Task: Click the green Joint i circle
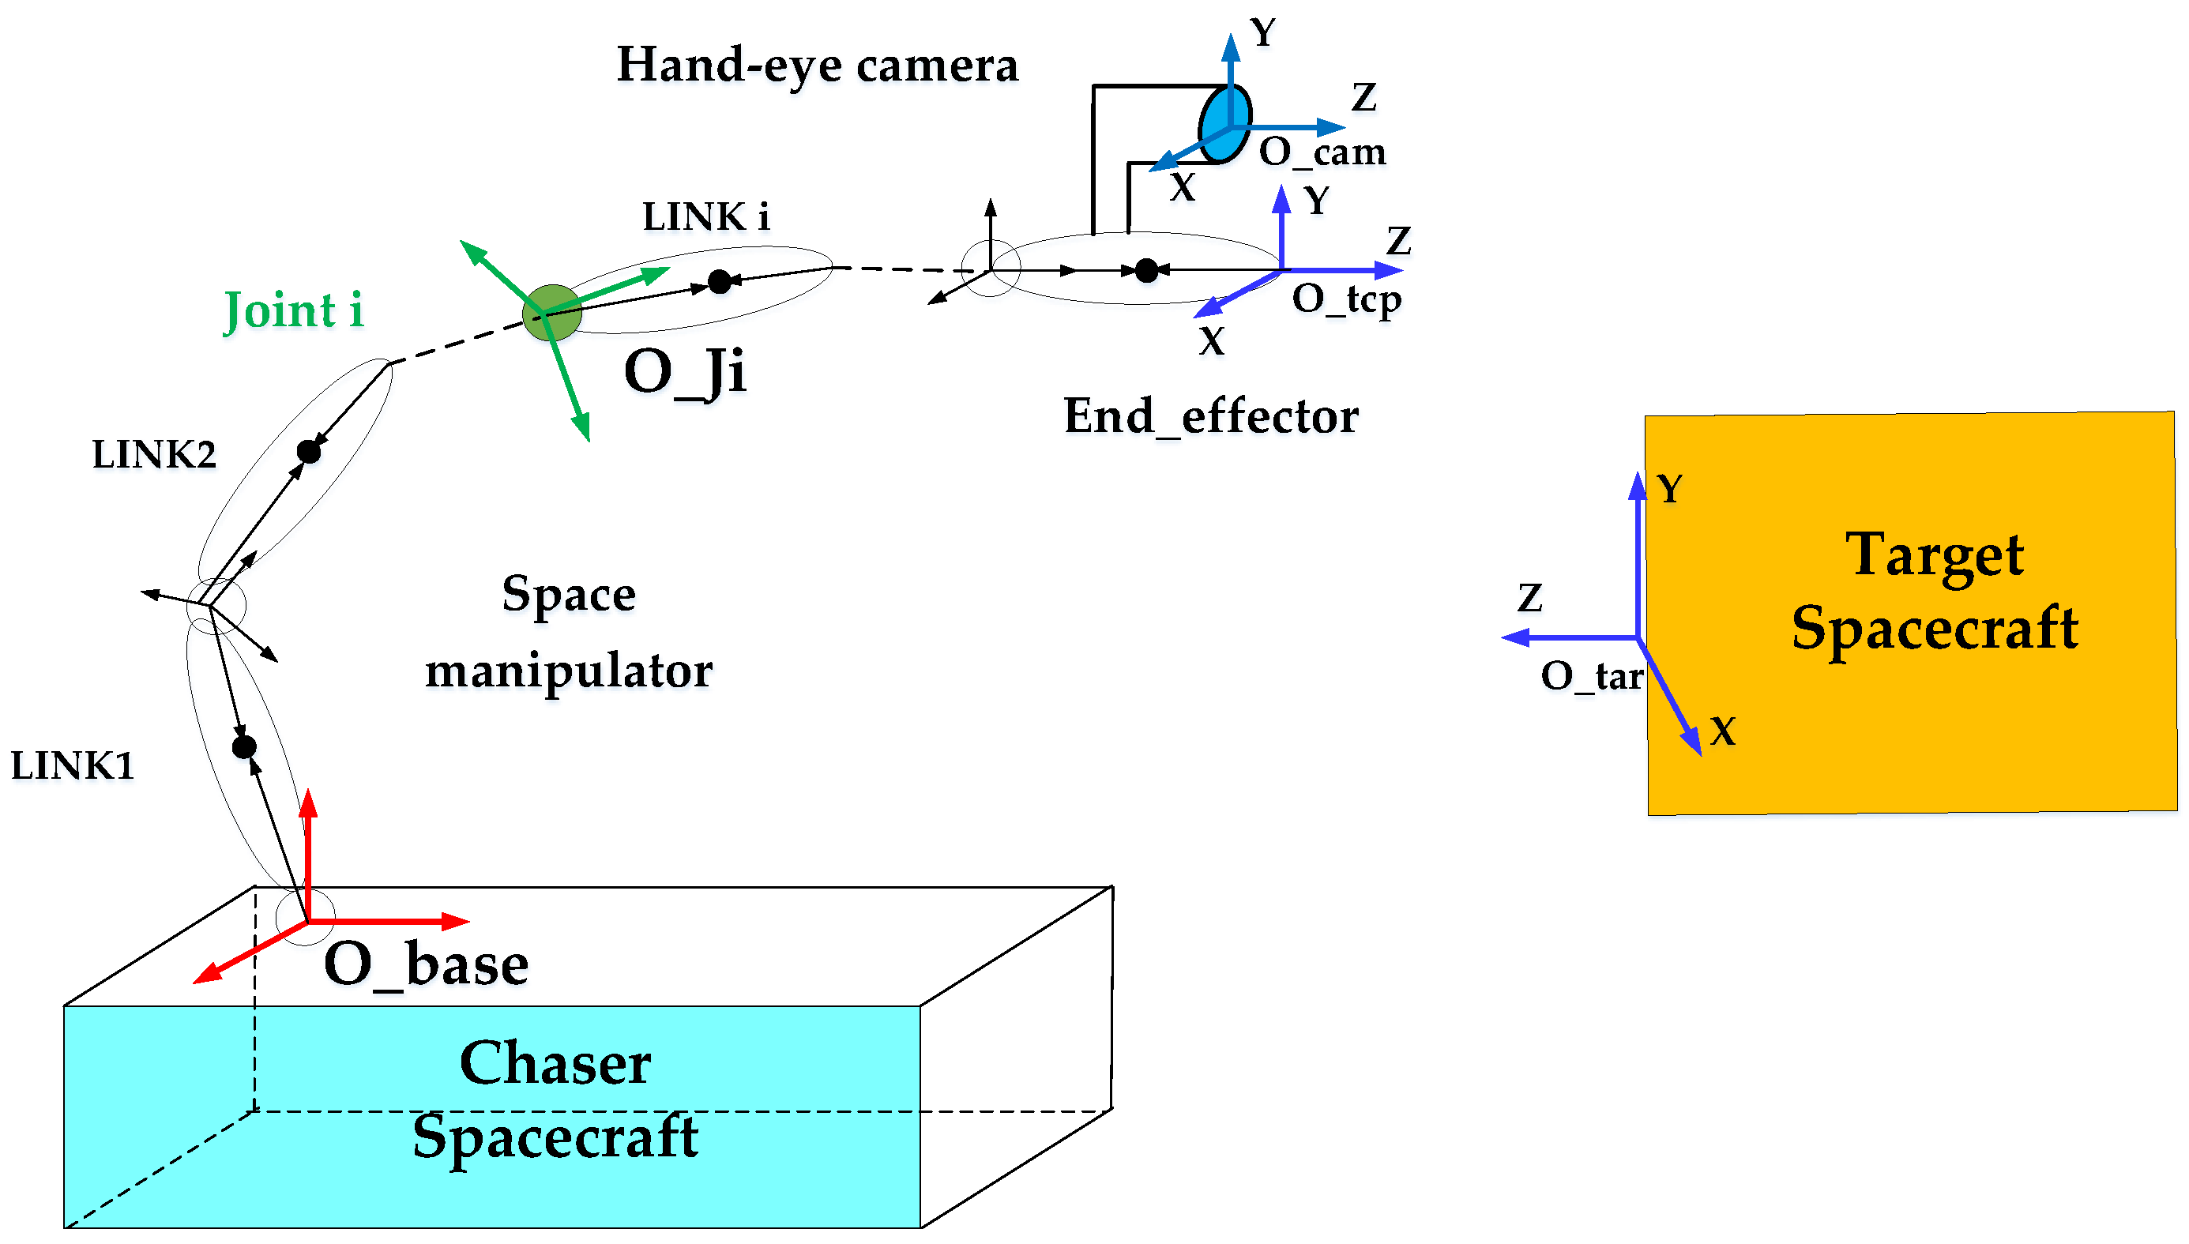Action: point(552,313)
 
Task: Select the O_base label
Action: point(427,964)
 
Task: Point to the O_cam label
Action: point(1322,152)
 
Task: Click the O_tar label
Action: point(1591,676)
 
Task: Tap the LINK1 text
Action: point(73,765)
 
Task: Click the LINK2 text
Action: point(154,454)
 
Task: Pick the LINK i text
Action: point(705,217)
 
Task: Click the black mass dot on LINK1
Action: point(244,746)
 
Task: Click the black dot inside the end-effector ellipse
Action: point(1146,271)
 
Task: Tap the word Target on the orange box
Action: point(1935,555)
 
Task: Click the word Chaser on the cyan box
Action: point(555,1063)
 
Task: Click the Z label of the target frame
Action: point(1529,598)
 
